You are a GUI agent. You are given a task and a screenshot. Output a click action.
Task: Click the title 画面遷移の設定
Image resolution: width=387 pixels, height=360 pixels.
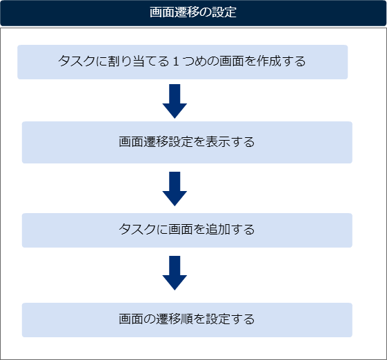pyautogui.click(x=193, y=12)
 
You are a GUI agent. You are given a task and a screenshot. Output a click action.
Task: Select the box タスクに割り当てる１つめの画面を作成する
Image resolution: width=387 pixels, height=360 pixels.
pyautogui.click(x=182, y=62)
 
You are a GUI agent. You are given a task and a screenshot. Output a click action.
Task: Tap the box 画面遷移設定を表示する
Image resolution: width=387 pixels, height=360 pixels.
pyautogui.click(x=187, y=142)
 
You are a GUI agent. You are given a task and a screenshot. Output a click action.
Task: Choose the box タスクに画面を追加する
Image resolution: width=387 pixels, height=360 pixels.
pyautogui.click(x=187, y=230)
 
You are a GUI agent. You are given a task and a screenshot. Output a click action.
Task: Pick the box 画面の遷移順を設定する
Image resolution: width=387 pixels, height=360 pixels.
pyautogui.click(x=187, y=320)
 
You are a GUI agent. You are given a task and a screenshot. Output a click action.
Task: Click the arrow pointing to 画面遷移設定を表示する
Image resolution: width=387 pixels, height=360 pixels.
pyautogui.click(x=175, y=101)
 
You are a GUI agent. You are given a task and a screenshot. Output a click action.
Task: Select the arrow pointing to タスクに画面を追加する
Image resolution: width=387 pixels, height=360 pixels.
pyautogui.click(x=175, y=189)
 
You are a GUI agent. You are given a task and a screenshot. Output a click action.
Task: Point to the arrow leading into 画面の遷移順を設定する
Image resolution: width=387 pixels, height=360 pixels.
pyautogui.click(x=175, y=273)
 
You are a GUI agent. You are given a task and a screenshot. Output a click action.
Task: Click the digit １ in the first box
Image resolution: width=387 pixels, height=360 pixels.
pyautogui.click(x=176, y=61)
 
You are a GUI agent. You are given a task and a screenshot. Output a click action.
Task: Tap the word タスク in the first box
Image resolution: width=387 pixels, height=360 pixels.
pyautogui.click(x=77, y=61)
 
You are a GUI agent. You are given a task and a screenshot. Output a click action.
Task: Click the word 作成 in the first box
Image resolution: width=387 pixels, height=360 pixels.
pyautogui.click(x=269, y=61)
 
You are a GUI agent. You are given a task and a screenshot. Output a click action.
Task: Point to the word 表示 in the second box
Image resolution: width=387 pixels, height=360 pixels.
pyautogui.click(x=218, y=142)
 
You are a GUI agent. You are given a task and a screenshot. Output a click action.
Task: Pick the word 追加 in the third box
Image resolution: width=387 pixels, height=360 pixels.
pyautogui.click(x=218, y=229)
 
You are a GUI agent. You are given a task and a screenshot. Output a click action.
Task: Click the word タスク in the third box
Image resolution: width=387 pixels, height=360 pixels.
pyautogui.click(x=137, y=229)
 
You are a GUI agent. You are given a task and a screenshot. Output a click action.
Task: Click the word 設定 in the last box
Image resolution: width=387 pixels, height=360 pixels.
pyautogui.click(x=218, y=319)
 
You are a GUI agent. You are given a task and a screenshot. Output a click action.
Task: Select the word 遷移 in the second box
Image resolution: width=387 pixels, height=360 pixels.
pyautogui.click(x=156, y=142)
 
